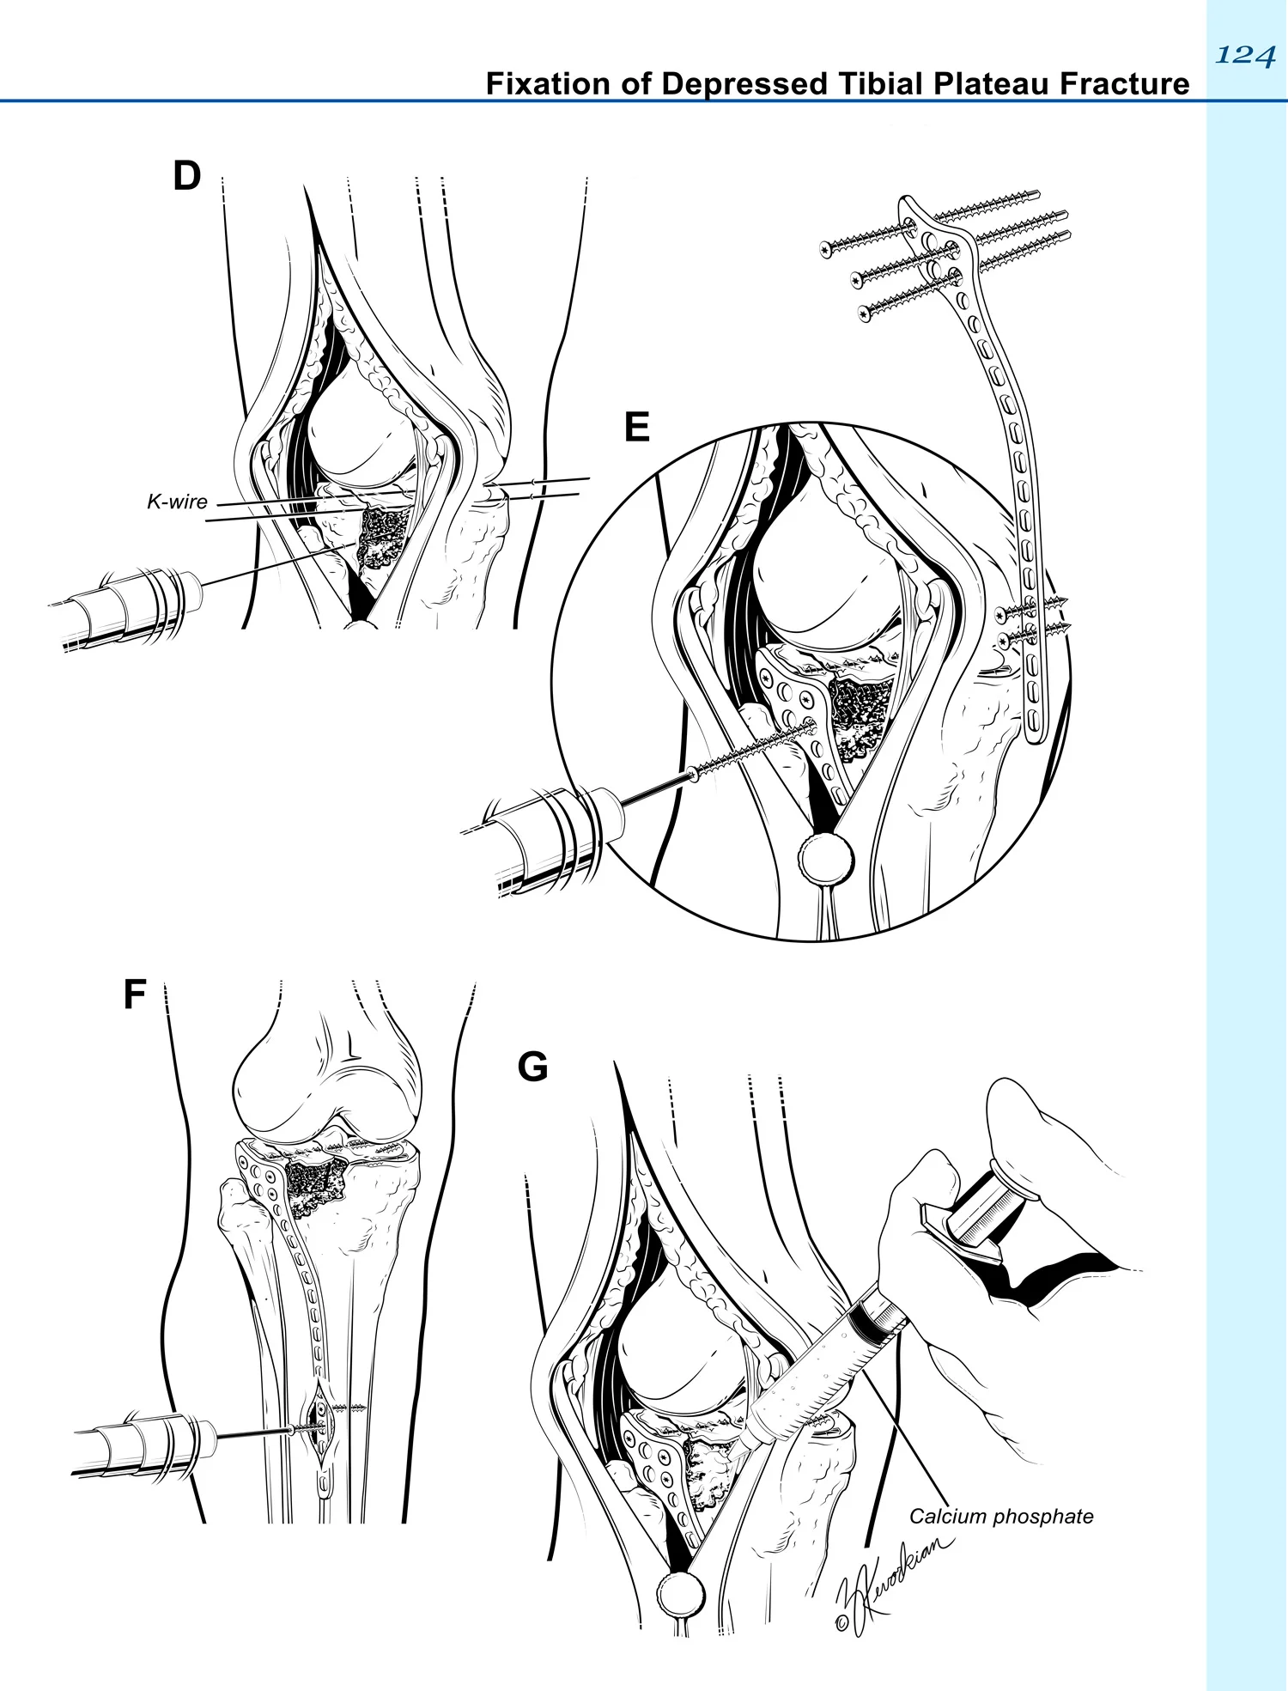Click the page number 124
pos(1245,55)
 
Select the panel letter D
pos(186,175)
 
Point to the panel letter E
pos(637,427)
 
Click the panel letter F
pos(135,994)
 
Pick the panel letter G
pos(532,1067)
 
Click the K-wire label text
pos(177,502)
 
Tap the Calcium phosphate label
pos(1001,1517)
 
